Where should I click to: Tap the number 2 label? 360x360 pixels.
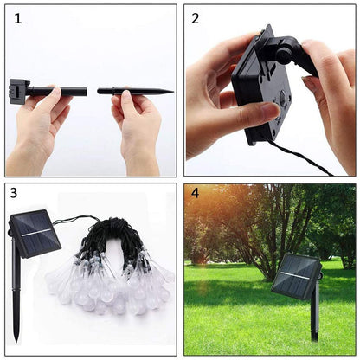(x=196, y=17)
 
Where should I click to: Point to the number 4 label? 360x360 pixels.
(x=195, y=194)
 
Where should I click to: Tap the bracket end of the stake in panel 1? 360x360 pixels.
(x=18, y=88)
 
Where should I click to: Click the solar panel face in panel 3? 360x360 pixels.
(x=35, y=235)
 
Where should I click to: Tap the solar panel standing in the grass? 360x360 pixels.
(x=295, y=275)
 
